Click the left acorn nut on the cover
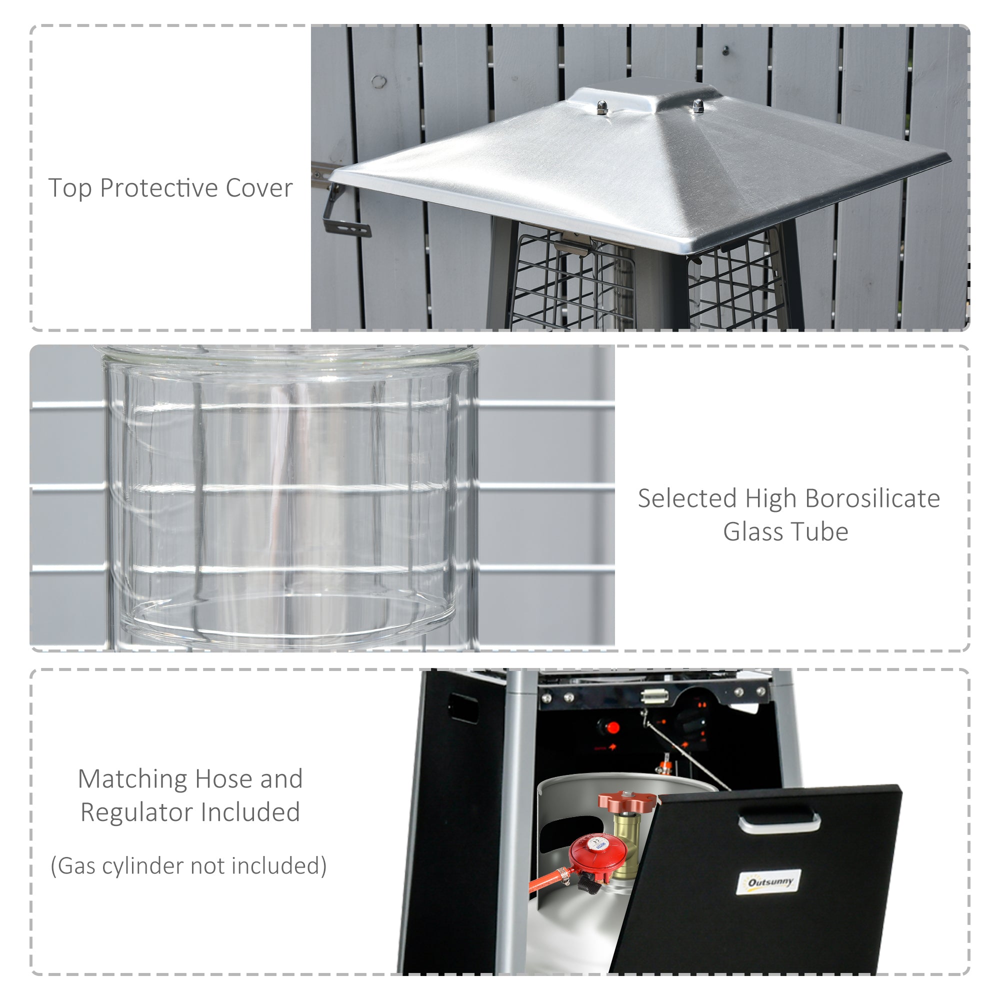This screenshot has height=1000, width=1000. [601, 107]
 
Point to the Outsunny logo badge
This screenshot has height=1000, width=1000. [768, 882]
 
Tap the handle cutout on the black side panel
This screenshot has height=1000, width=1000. [463, 707]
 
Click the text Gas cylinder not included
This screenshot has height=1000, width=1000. [189, 866]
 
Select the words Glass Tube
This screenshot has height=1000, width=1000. [785, 532]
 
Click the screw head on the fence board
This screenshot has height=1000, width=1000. [725, 50]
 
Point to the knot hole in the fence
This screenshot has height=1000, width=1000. [379, 81]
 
